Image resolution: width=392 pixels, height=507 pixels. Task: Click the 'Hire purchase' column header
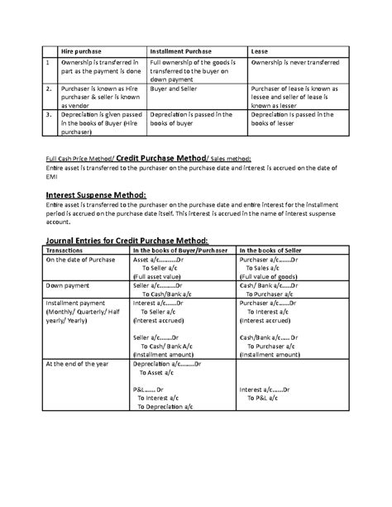point(81,51)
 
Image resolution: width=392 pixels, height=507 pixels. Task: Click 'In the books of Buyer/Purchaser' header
point(181,249)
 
